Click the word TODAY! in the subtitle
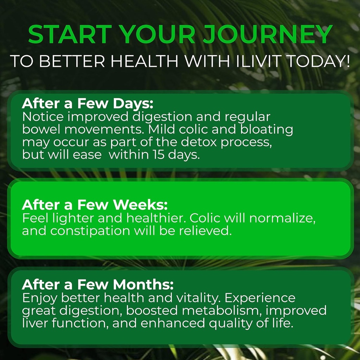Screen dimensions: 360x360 (x=319, y=61)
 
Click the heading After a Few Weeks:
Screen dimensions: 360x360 (x=95, y=205)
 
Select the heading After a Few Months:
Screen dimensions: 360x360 (x=98, y=285)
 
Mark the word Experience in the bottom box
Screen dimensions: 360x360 (x=260, y=298)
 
